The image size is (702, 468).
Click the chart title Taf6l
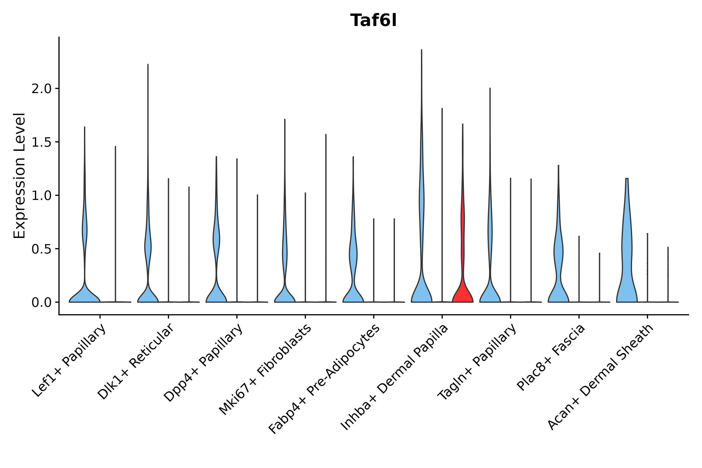(373, 21)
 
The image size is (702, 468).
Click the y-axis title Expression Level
(19, 175)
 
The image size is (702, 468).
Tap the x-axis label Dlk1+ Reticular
(135, 361)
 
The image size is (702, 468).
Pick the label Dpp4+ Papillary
(203, 362)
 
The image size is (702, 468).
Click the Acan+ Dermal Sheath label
(601, 377)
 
